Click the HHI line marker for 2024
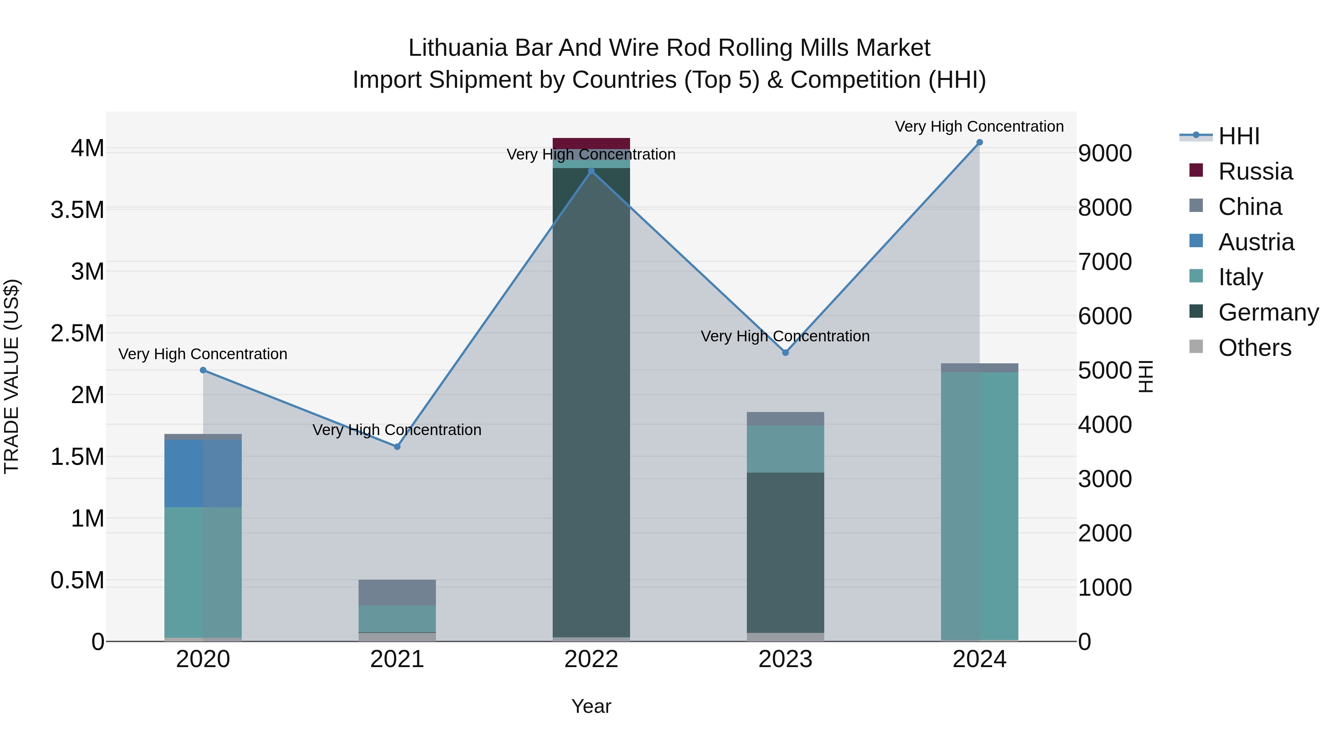point(979,142)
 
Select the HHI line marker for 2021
point(397,446)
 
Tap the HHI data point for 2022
point(591,171)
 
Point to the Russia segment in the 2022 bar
point(591,144)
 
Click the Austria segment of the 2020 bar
point(203,473)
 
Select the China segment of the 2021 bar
point(397,592)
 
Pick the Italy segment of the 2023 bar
point(786,449)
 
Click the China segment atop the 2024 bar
point(979,368)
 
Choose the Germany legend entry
point(1268,312)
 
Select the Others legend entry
point(1254,348)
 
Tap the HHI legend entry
point(1238,136)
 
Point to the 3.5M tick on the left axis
point(77,210)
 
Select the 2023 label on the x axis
point(786,659)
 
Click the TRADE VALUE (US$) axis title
point(12,376)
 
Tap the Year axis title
point(591,706)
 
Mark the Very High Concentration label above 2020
point(203,354)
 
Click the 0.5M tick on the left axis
point(77,580)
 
